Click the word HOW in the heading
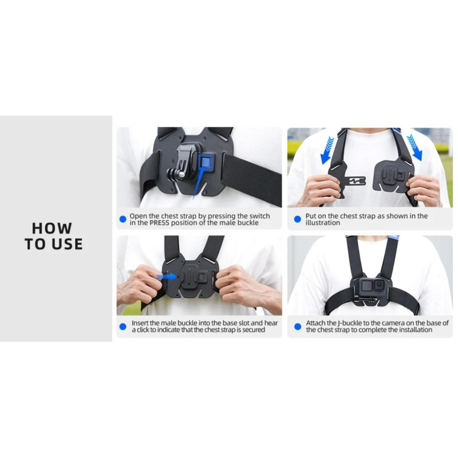pyautogui.click(x=52, y=228)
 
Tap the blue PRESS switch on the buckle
pyautogui.click(x=207, y=161)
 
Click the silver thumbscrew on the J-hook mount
pyautogui.click(x=181, y=175)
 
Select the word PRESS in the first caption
pyautogui.click(x=159, y=223)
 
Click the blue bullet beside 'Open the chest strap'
pyautogui.click(x=123, y=219)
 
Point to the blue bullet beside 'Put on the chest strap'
pyautogui.click(x=297, y=219)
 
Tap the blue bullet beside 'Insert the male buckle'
pyautogui.click(x=123, y=326)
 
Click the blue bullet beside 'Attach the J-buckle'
pyautogui.click(x=298, y=326)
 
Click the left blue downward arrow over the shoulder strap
pyautogui.click(x=327, y=151)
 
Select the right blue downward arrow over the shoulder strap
pyautogui.click(x=414, y=148)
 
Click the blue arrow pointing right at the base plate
pyautogui.click(x=167, y=277)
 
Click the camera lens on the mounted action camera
pyautogui.click(x=379, y=285)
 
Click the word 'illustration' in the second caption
pyautogui.click(x=323, y=223)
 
